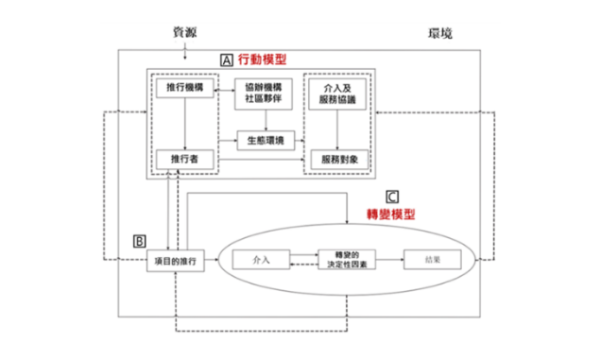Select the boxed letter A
pos(226,59)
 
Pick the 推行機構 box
pos(184,89)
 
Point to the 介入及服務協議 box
pos(336,94)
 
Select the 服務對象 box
pos(336,159)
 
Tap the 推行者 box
pos(184,159)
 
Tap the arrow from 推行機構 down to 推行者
pos(184,124)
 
